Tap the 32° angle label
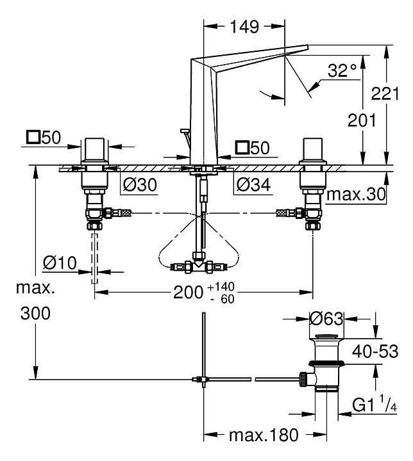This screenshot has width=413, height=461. [x=341, y=70]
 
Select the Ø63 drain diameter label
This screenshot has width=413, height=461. [x=326, y=318]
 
